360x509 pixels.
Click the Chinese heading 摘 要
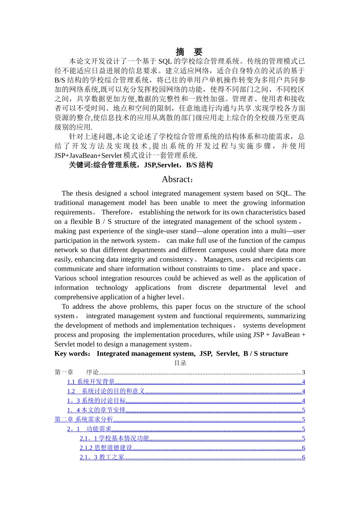click(189, 52)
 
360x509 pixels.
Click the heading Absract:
click(178, 180)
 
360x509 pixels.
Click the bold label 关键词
click(80, 165)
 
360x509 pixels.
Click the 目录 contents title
click(180, 363)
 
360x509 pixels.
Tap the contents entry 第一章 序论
click(77, 373)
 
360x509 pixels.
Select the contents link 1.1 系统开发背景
click(91, 382)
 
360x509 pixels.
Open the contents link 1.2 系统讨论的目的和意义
click(106, 392)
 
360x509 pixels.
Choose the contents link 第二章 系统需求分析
click(84, 420)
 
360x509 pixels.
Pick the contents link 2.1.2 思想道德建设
click(106, 448)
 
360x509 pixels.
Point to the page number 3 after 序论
click(304, 373)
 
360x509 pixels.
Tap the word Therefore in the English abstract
click(116, 212)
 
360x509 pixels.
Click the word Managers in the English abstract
click(218, 259)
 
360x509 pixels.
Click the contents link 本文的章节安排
click(103, 410)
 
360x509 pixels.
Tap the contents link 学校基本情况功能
click(124, 439)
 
